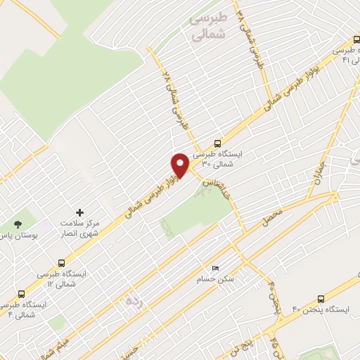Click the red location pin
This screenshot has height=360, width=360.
pos(180,165)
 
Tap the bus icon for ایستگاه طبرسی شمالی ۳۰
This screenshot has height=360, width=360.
pos(217,142)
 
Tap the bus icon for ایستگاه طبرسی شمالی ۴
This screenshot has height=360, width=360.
pos(21,294)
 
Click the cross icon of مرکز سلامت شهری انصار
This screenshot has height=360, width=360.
pos(79,212)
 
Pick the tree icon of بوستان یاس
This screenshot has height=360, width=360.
pos(18,225)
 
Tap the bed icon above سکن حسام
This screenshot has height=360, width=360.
pos(216,268)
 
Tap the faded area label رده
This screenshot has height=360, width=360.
pos(133,300)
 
